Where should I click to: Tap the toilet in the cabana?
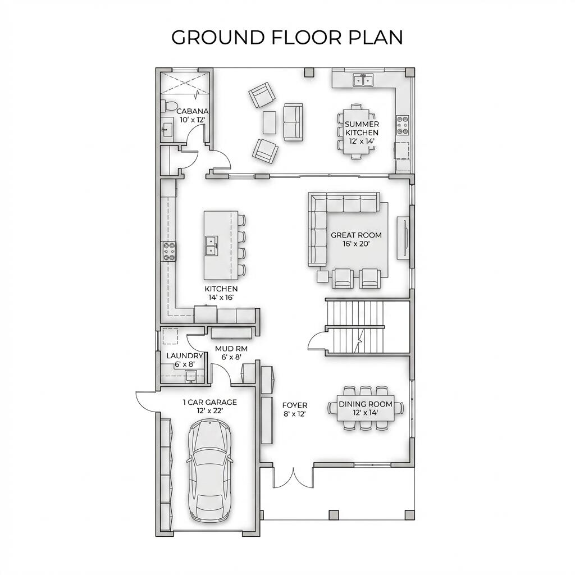(170, 106)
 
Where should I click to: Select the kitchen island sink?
(212, 245)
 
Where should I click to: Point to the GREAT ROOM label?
(356, 235)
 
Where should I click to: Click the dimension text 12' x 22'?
(209, 411)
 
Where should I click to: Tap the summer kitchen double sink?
(363, 80)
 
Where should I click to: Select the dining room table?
(366, 408)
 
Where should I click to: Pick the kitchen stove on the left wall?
(169, 251)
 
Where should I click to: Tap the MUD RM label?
(231, 348)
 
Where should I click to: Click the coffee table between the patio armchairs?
(270, 122)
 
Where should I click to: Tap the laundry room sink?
(191, 376)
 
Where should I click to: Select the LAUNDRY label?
(184, 356)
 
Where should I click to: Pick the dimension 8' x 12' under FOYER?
(294, 414)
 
